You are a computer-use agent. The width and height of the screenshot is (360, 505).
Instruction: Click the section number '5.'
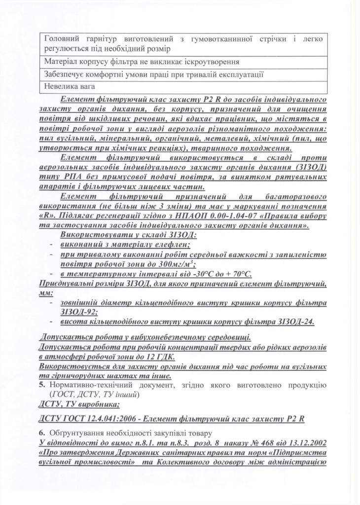coord(41,385)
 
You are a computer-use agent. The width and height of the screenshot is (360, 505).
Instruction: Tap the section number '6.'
coord(41,433)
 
